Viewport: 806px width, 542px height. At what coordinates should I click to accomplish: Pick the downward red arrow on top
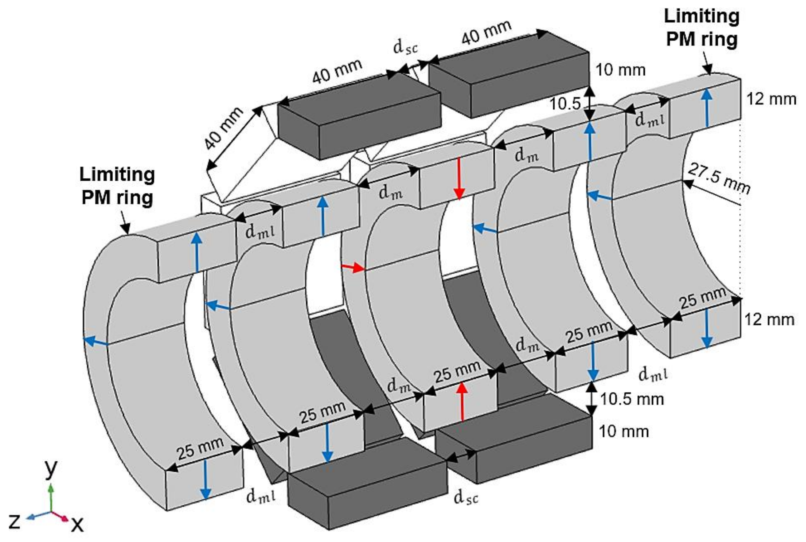(459, 178)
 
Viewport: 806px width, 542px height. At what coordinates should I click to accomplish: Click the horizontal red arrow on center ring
(353, 267)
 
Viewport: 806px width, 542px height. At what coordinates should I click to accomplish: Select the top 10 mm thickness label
(620, 70)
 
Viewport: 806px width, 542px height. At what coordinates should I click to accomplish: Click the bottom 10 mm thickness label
(623, 431)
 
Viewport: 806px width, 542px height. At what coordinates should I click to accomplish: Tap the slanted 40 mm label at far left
(223, 129)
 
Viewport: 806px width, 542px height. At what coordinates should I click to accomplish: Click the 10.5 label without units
(565, 103)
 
